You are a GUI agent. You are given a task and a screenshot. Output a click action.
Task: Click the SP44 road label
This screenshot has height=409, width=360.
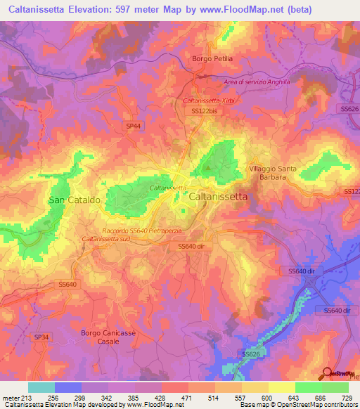click(x=133, y=125)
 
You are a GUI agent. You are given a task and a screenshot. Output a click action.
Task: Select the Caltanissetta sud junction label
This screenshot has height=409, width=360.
click(x=105, y=240)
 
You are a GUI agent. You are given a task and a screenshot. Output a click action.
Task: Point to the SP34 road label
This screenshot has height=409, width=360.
click(x=41, y=337)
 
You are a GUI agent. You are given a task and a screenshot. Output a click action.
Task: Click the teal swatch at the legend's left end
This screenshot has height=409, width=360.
click(x=41, y=387)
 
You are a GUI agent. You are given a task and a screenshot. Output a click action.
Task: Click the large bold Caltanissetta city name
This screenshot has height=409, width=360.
click(x=218, y=197)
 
